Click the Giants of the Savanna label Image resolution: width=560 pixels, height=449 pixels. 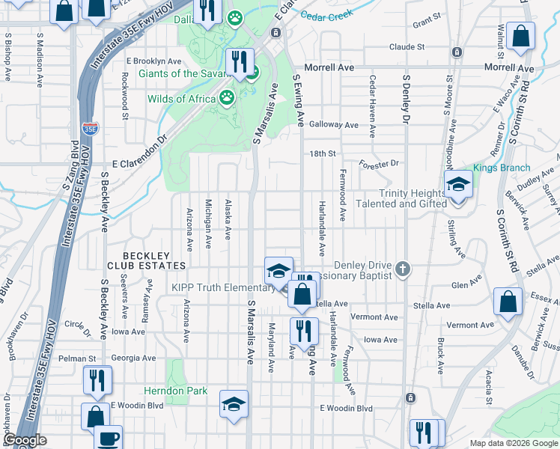[x=191, y=73]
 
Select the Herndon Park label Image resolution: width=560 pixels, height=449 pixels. [x=176, y=391]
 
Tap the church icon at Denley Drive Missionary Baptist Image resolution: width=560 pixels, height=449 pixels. [x=404, y=268]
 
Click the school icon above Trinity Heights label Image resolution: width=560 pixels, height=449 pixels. [x=457, y=183]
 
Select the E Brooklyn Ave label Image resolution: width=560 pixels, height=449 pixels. [x=153, y=61]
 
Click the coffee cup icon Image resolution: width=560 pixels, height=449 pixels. [x=109, y=438]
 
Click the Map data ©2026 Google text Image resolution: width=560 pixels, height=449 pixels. [x=513, y=443]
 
